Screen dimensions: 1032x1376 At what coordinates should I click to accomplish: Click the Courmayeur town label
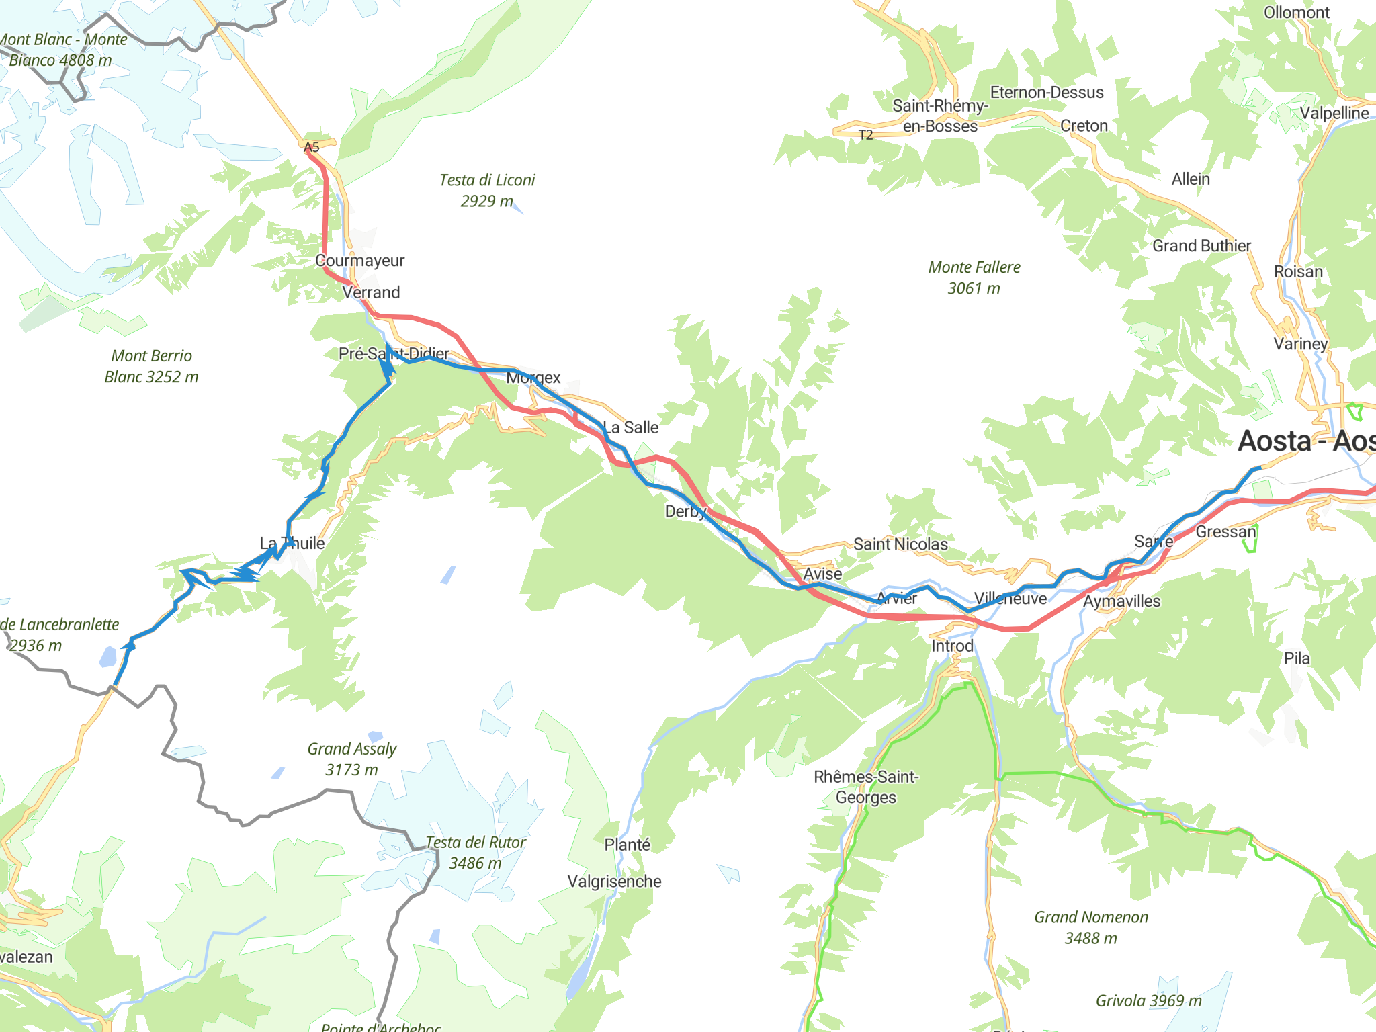pyautogui.click(x=359, y=261)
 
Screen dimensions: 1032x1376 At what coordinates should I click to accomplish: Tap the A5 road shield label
pyautogui.click(x=311, y=147)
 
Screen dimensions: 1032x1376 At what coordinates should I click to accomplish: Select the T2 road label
pyautogui.click(x=865, y=135)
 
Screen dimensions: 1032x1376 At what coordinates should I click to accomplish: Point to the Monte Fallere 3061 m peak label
pyautogui.click(x=974, y=277)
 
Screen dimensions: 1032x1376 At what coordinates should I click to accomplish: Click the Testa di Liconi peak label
pyautogui.click(x=486, y=190)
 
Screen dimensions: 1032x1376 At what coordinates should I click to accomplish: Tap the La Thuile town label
pyautogui.click(x=292, y=543)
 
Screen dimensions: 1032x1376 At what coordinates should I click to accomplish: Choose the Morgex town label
pyautogui.click(x=533, y=378)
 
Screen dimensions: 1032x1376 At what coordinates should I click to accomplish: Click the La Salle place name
pyautogui.click(x=630, y=427)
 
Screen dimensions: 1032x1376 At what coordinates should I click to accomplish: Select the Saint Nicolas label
pyautogui.click(x=900, y=544)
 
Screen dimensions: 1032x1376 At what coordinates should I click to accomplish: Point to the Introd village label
pyautogui.click(x=952, y=646)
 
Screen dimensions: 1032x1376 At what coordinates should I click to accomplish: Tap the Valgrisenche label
pyautogui.click(x=614, y=881)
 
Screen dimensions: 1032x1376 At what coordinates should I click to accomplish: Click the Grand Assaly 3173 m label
pyautogui.click(x=351, y=759)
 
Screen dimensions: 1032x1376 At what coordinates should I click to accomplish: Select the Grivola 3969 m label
pyautogui.click(x=1148, y=1001)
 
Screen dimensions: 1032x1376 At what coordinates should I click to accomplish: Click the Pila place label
pyautogui.click(x=1296, y=658)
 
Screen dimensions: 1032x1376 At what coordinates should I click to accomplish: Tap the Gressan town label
pyautogui.click(x=1225, y=532)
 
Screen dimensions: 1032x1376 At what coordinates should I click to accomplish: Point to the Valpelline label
pyautogui.click(x=1334, y=113)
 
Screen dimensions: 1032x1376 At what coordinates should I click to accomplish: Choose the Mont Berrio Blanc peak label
pyautogui.click(x=151, y=366)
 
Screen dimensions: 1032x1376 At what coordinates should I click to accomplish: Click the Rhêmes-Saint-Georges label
pyautogui.click(x=866, y=787)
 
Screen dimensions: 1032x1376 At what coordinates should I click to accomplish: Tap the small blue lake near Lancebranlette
pyautogui.click(x=107, y=656)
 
